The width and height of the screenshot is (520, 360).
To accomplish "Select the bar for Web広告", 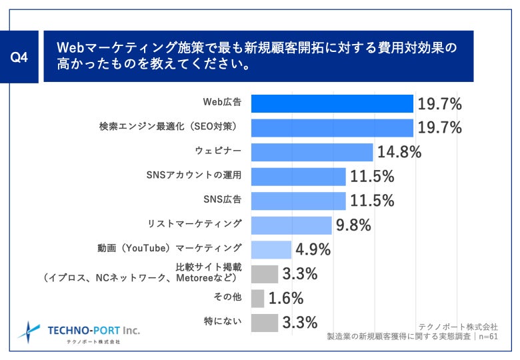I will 332,103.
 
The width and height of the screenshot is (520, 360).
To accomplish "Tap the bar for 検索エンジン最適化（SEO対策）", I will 332,127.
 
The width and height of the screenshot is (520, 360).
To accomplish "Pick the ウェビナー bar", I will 311,152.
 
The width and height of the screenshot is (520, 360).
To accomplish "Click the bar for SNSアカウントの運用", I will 298,177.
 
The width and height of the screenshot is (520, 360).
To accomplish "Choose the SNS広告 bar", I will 298,201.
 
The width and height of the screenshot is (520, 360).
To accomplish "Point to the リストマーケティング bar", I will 291,225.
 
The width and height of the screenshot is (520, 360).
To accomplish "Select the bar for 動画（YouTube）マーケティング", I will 271,249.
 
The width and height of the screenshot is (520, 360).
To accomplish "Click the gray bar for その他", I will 257,298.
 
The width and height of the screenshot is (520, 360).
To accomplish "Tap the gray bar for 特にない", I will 264,323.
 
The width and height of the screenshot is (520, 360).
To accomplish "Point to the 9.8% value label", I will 353,225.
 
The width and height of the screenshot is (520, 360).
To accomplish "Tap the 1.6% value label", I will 285,298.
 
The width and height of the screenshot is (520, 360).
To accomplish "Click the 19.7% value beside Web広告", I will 439,103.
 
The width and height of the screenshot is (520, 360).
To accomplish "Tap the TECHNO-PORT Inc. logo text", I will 94,329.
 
